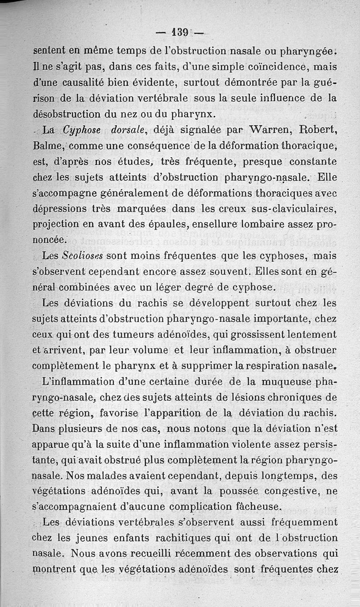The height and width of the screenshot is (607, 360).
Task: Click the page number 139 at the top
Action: (180, 32)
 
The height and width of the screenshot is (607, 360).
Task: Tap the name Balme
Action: (49, 146)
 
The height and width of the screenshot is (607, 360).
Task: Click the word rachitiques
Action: (162, 539)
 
